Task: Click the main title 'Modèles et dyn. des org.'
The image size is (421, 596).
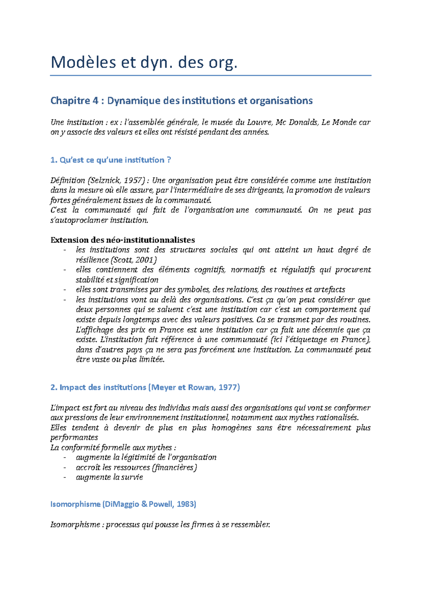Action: (x=144, y=63)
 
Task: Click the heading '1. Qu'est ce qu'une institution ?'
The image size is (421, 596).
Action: (x=111, y=160)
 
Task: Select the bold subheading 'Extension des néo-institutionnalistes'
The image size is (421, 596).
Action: (x=122, y=240)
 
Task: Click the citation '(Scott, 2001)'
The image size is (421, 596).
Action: (x=133, y=260)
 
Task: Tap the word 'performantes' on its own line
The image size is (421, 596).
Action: (x=74, y=438)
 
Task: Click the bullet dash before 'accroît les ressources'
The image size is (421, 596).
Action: (x=65, y=468)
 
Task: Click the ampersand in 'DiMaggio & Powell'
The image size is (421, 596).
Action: (x=145, y=504)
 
